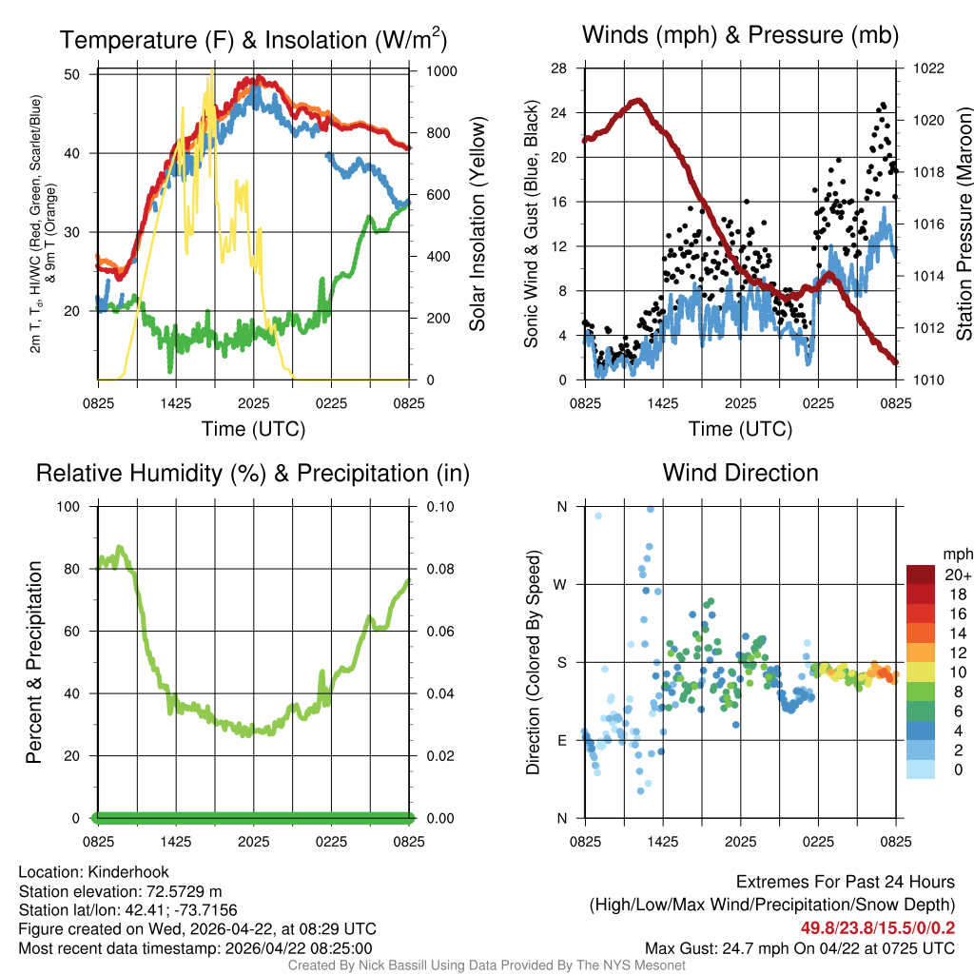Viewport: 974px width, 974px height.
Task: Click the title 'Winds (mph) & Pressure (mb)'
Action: click(740, 36)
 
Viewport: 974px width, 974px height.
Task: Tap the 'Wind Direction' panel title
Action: click(740, 473)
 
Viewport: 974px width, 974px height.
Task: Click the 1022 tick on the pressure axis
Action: click(927, 68)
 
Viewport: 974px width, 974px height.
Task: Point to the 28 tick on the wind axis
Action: click(559, 68)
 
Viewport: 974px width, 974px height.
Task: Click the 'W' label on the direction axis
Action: click(561, 584)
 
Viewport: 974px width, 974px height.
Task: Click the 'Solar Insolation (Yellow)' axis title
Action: click(477, 224)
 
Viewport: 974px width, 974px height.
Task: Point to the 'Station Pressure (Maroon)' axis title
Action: click(964, 224)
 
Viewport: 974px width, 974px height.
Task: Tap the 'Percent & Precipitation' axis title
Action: click(34, 662)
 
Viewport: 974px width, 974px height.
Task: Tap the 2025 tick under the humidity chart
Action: click(254, 843)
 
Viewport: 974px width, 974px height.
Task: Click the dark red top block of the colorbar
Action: click(921, 575)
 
